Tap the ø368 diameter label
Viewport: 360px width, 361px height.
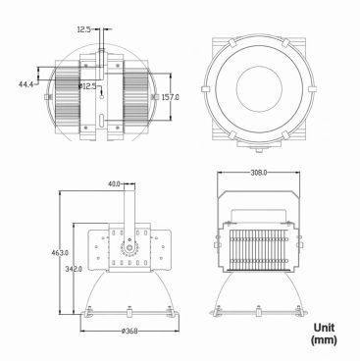point(129,332)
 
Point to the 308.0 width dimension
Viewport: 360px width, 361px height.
point(259,173)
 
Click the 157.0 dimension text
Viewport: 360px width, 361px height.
point(171,97)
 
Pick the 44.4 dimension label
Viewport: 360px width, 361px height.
point(26,84)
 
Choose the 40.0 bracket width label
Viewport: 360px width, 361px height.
point(115,184)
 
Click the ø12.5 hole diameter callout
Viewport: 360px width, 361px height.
point(87,86)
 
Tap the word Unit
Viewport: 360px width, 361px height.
point(324,328)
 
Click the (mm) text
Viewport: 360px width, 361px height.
point(324,340)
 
